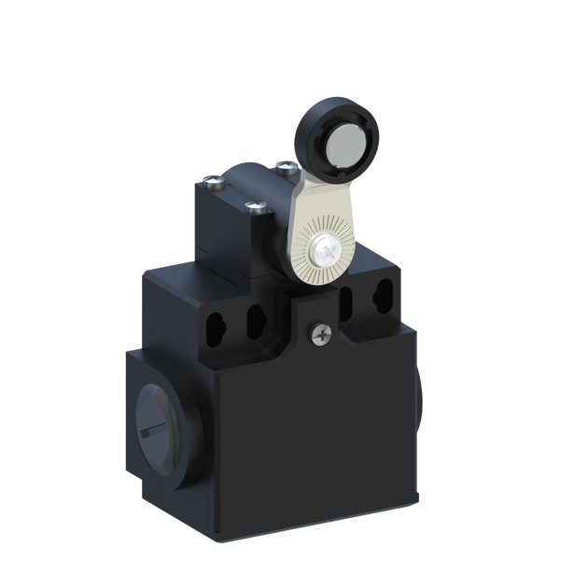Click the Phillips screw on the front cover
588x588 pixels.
tap(321, 330)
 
